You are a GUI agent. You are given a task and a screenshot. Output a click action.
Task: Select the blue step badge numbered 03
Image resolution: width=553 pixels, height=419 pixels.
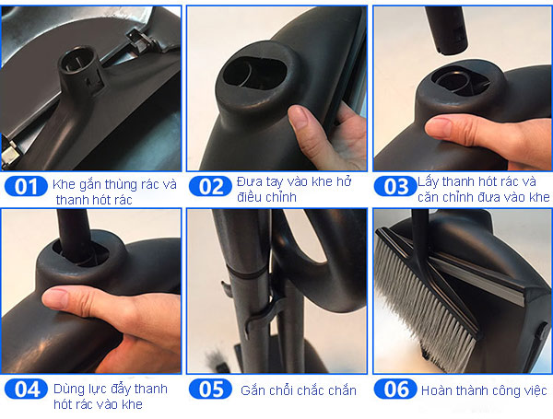click(395, 187)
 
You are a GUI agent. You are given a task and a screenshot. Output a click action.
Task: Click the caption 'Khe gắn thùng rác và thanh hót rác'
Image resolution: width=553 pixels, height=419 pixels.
click(114, 192)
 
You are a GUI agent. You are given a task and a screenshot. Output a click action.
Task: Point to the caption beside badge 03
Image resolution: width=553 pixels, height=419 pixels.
click(483, 190)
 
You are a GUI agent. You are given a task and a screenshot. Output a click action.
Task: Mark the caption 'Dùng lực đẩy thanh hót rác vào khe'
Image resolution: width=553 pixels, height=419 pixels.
click(114, 395)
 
